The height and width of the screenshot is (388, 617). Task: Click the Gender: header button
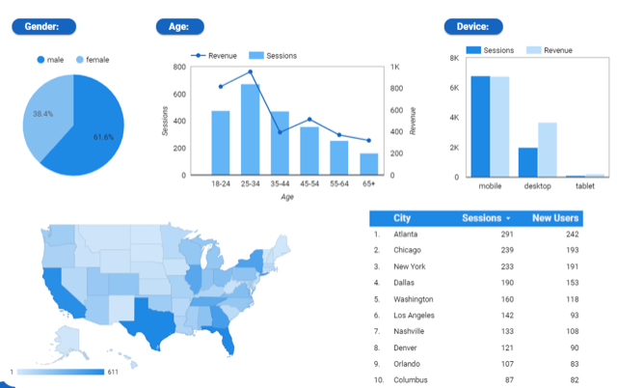pyautogui.click(x=44, y=27)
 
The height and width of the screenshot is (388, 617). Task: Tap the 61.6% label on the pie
pyautogui.click(x=103, y=137)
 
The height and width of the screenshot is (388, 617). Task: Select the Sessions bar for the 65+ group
pyautogui.click(x=369, y=164)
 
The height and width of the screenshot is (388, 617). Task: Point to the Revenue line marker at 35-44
pyautogui.click(x=281, y=131)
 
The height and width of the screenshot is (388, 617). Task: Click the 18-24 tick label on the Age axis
pyautogui.click(x=221, y=183)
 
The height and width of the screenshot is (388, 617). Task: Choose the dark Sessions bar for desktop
pyautogui.click(x=527, y=162)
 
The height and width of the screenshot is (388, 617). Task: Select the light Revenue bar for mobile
pyautogui.click(x=499, y=126)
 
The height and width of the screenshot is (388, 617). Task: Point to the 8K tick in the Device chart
pyautogui.click(x=454, y=58)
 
